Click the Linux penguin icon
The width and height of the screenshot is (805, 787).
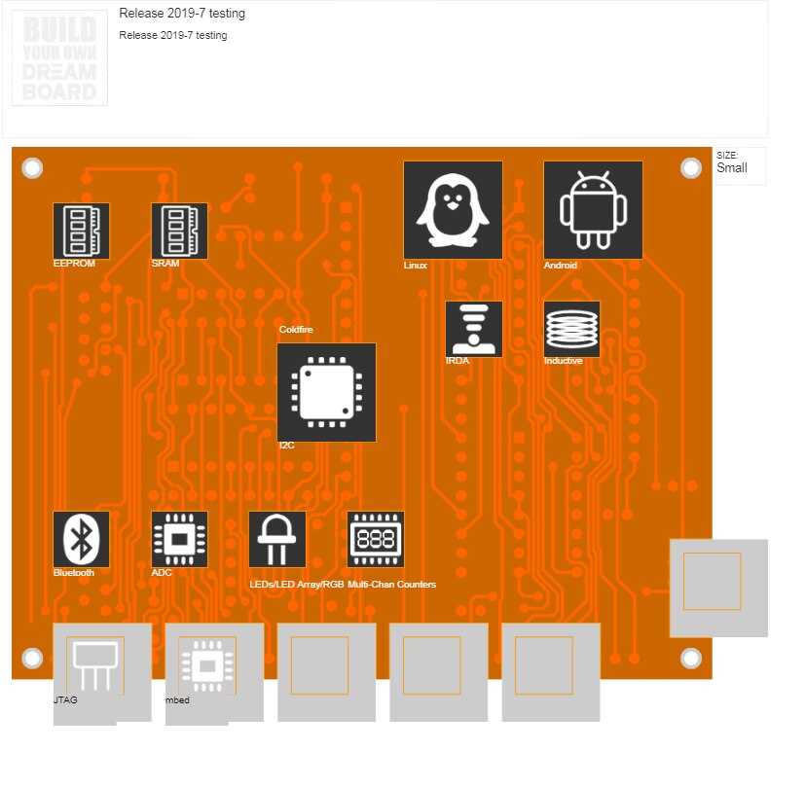tap(453, 210)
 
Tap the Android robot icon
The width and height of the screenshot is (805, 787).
tap(593, 210)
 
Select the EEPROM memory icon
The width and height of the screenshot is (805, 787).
tap(81, 231)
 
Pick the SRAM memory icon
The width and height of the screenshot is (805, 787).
tap(179, 231)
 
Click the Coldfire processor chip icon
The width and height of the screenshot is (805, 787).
tap(326, 392)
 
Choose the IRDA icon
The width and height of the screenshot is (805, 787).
tap(474, 328)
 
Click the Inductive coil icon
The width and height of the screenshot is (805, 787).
tap(571, 328)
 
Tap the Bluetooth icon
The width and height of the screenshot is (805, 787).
tap(81, 539)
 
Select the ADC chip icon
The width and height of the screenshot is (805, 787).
tap(179, 539)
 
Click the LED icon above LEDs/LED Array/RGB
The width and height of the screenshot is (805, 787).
tap(277, 539)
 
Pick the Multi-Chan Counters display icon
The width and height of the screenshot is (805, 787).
tap(376, 539)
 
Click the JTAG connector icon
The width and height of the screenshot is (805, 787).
tap(95, 665)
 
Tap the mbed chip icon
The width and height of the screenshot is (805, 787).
tap(207, 665)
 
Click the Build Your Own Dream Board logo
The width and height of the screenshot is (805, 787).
tap(59, 60)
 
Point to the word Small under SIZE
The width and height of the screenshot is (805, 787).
tap(732, 168)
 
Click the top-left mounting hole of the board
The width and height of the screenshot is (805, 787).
tap(32, 168)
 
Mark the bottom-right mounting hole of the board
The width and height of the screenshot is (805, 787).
tap(691, 658)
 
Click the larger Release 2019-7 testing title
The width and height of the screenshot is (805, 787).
tap(182, 14)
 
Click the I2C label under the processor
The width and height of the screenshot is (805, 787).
tap(287, 446)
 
